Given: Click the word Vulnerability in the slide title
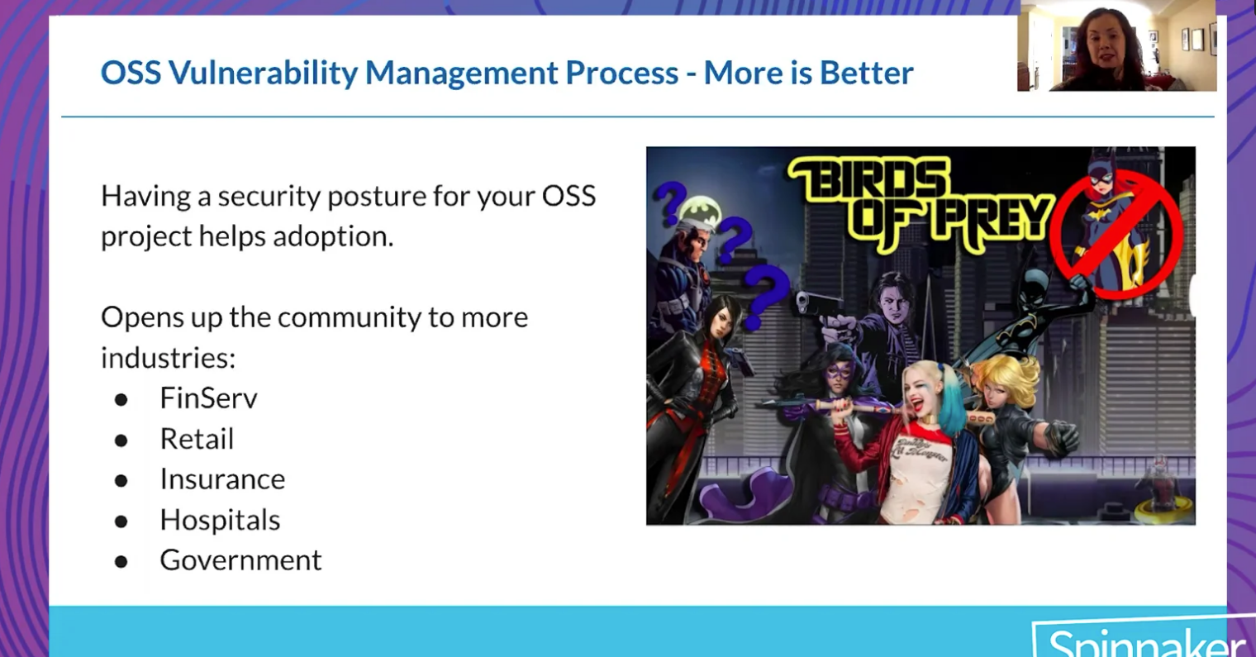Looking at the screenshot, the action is [263, 74].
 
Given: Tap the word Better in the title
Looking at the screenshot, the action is [867, 73].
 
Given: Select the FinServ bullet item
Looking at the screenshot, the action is [208, 398].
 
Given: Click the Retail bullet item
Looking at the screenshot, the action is [197, 438].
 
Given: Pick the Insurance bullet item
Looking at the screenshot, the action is [222, 479].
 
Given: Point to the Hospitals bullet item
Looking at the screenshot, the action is [220, 520].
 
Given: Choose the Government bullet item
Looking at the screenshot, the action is [240, 560].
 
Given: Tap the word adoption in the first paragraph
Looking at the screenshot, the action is [333, 236].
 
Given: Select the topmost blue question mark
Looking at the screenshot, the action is [671, 202].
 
